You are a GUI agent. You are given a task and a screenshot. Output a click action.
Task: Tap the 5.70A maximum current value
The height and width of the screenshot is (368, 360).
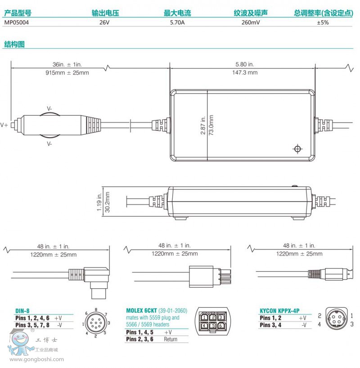[x=177, y=22]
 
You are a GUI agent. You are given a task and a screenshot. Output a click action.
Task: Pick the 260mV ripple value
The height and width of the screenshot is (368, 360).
[x=250, y=22]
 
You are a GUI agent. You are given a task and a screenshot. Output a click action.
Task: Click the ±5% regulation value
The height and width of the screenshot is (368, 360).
[x=322, y=22]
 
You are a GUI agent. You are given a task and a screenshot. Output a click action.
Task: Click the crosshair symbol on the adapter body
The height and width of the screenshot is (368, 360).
[x=297, y=149]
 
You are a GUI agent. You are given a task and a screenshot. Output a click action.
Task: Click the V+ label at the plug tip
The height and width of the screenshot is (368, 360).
[x=4, y=125]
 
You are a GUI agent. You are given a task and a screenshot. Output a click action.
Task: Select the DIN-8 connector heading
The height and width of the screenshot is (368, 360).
[x=23, y=310]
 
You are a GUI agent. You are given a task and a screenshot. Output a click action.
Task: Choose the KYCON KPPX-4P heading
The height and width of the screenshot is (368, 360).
[x=279, y=310]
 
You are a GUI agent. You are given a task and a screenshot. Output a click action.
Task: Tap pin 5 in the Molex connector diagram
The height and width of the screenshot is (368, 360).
[x=213, y=326]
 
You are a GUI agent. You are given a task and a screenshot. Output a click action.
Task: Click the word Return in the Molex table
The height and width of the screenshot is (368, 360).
[x=170, y=339]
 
